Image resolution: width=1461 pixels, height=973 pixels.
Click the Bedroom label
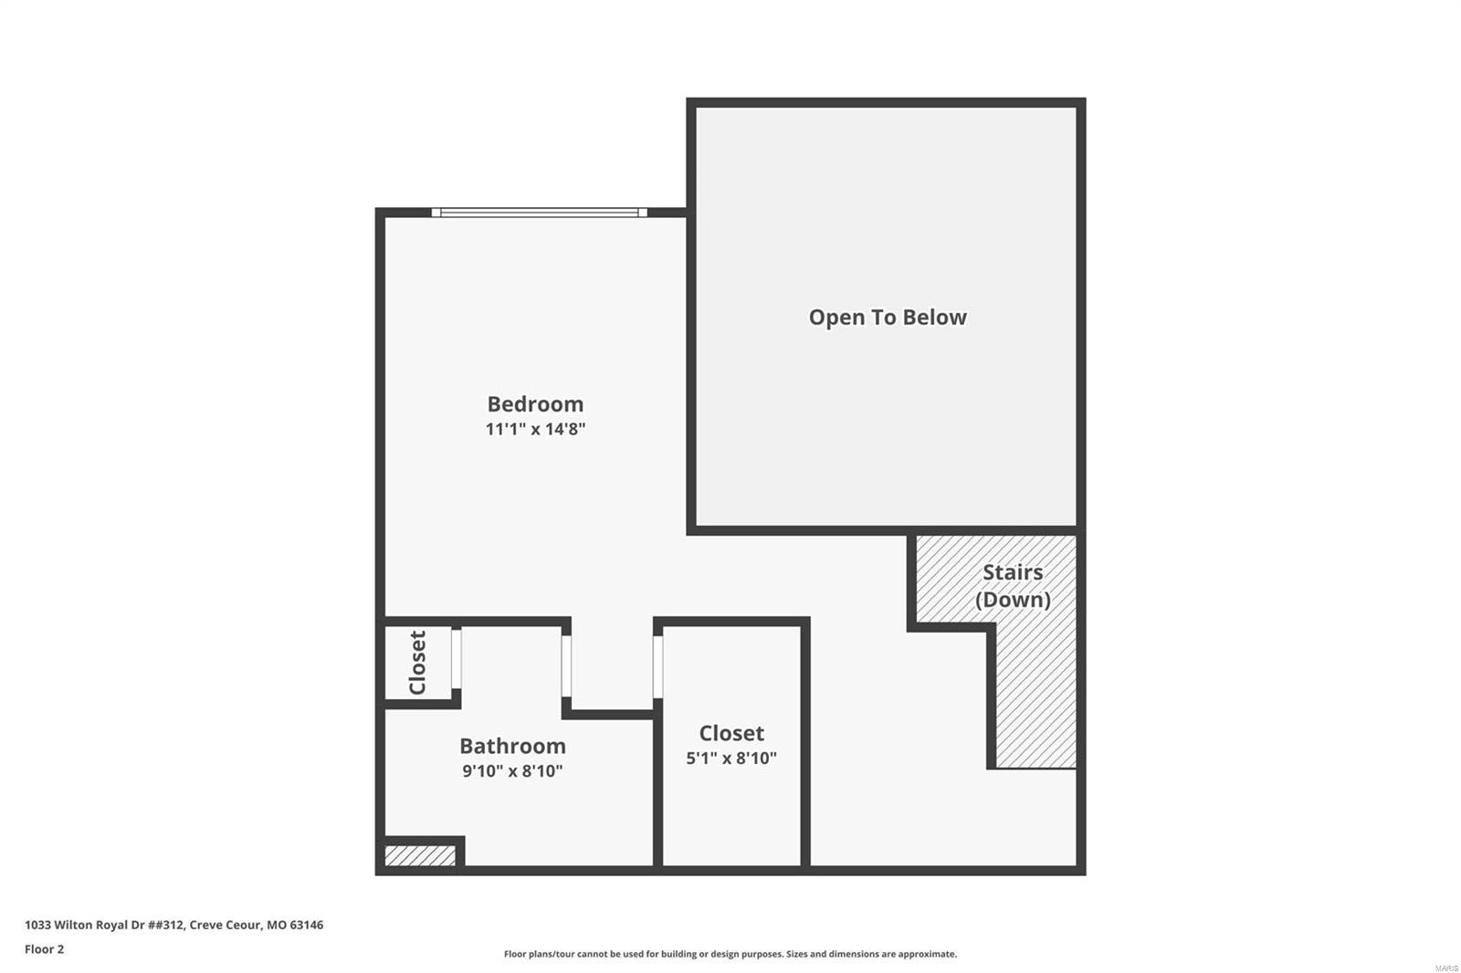[535, 403]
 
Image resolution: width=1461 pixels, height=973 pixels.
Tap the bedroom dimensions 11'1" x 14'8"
[535, 429]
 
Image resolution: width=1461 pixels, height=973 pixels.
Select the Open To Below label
[887, 317]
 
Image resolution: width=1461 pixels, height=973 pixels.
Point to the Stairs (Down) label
[1013, 585]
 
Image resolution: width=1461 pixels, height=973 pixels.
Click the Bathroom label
[512, 746]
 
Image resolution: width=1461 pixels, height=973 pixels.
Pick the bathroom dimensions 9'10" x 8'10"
[512, 771]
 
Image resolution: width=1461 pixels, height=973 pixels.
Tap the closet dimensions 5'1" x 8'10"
[731, 759]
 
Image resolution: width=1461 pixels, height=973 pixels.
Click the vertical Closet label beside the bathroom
[417, 663]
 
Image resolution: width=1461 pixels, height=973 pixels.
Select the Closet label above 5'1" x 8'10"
[731, 733]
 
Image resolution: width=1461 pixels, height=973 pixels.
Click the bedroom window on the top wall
[539, 213]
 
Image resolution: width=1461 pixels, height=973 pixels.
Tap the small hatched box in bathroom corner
[419, 856]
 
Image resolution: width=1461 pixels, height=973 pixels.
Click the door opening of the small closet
[457, 657]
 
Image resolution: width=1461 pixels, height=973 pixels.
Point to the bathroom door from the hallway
[566, 666]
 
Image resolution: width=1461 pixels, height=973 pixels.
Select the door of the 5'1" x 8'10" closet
[657, 667]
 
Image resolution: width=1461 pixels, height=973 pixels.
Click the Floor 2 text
[44, 949]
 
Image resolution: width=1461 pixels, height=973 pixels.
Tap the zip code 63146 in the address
[307, 925]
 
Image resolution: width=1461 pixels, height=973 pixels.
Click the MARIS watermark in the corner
[1446, 968]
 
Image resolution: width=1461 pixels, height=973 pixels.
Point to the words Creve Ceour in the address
[224, 925]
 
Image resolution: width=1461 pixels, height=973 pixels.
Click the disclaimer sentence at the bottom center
[730, 954]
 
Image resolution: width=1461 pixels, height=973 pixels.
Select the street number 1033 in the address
[37, 925]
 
